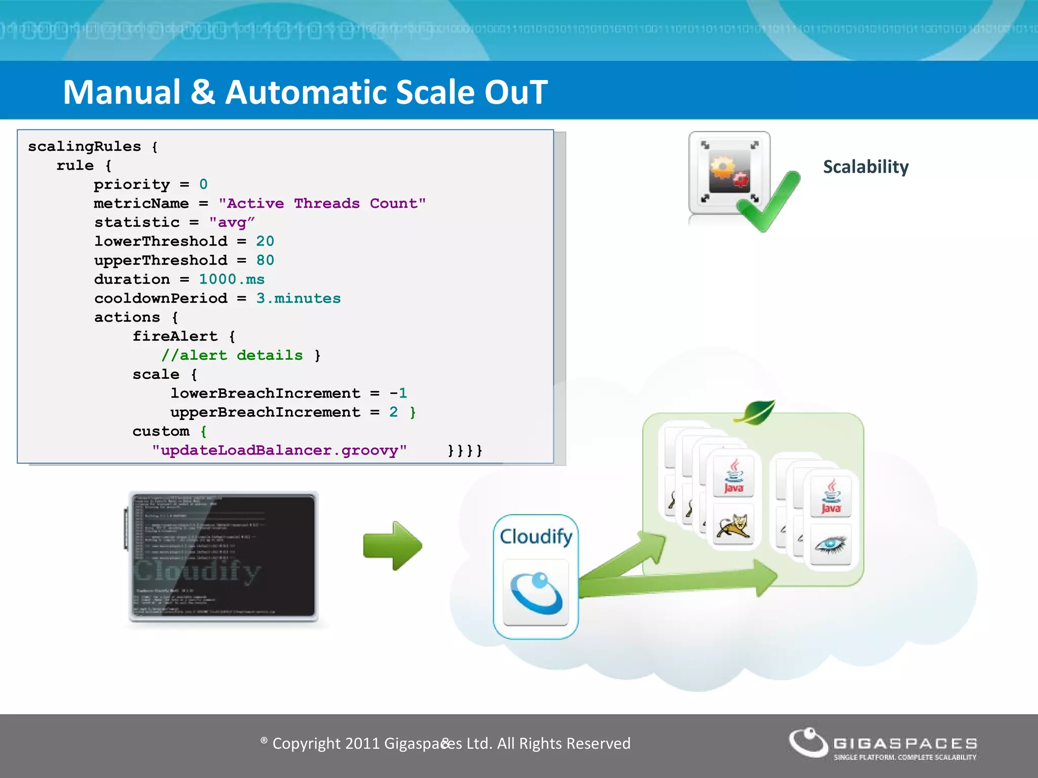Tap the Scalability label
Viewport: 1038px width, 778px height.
(866, 167)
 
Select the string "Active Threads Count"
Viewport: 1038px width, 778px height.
(322, 204)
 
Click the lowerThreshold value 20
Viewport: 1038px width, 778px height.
(265, 241)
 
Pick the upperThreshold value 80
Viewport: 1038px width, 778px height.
(265, 260)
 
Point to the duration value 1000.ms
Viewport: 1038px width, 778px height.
(232, 279)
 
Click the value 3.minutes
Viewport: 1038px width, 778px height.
(298, 298)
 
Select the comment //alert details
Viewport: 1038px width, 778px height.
(232, 355)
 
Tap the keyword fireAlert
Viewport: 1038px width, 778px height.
(175, 336)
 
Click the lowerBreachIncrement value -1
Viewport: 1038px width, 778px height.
(398, 393)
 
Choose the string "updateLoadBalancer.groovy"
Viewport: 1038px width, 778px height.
(279, 450)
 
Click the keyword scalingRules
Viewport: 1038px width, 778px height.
(84, 146)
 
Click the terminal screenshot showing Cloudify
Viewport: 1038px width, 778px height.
(223, 556)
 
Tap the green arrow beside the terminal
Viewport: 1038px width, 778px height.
(392, 546)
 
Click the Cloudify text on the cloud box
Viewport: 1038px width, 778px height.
(536, 536)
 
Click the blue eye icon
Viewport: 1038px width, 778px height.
(831, 544)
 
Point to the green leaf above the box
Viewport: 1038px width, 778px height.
(755, 412)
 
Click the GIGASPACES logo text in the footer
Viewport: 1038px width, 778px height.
(905, 743)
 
